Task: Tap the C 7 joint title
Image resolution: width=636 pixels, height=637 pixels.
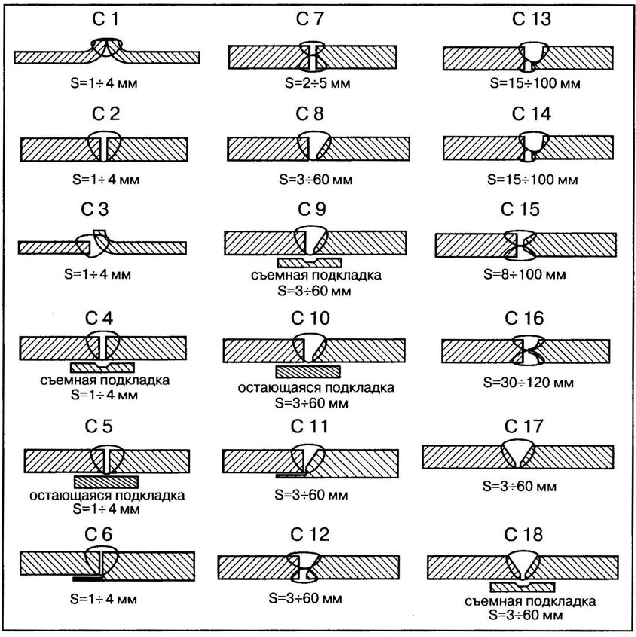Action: pos(310,19)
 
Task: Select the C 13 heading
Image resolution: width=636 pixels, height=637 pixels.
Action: pos(531,19)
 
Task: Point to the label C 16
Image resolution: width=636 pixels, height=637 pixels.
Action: pos(524,319)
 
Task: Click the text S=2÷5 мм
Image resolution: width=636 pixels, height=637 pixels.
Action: pos(317,83)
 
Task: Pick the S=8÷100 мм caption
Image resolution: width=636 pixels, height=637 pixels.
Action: pos(524,274)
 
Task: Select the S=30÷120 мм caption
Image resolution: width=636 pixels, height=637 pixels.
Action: pos(528,383)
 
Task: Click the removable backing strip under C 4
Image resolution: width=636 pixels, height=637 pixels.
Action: pos(102,367)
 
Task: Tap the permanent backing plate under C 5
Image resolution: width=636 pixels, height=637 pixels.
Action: pos(106,482)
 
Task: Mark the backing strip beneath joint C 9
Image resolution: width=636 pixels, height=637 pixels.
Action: pos(309,262)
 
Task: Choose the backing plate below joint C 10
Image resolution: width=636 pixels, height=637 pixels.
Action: pos(308,372)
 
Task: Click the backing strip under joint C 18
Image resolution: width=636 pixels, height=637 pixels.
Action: pos(522,587)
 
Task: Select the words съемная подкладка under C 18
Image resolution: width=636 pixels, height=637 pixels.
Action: pos(530,602)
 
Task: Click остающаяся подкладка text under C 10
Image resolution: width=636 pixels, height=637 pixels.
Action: pos(316,388)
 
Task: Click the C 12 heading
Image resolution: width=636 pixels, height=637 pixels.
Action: pos(310,535)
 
